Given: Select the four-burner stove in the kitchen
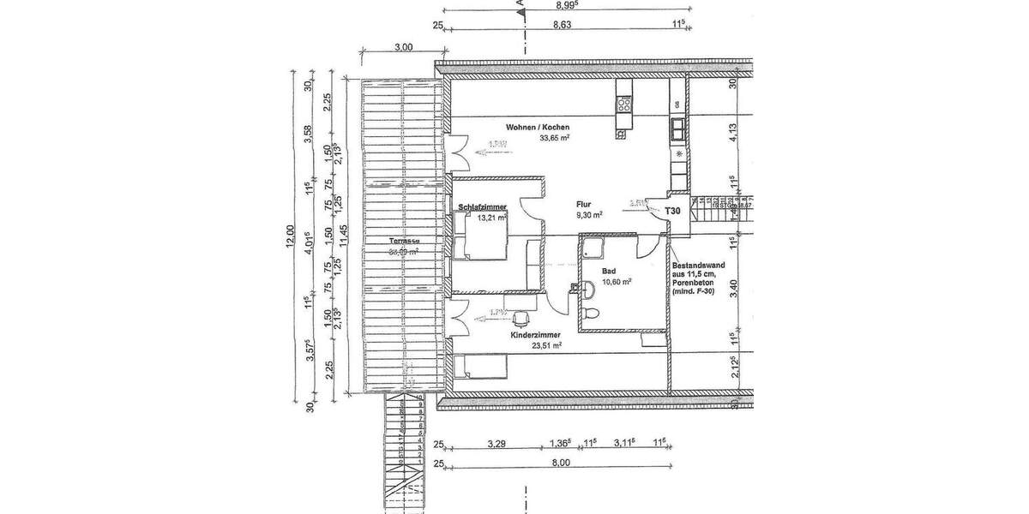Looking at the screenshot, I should pyautogui.click(x=624, y=105).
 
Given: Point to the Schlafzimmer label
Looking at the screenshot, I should pyautogui.click(x=483, y=207).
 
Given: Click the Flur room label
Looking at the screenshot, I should pyautogui.click(x=586, y=205).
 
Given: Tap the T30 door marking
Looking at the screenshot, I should pyautogui.click(x=673, y=211).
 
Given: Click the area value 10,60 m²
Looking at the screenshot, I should pyautogui.click(x=617, y=281).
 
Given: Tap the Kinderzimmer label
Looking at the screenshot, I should pyautogui.click(x=536, y=336).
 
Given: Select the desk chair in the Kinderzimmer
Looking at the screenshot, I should pyautogui.click(x=520, y=320).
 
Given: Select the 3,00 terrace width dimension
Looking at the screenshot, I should pyautogui.click(x=403, y=48).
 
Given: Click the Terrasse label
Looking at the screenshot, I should pyautogui.click(x=402, y=242).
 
